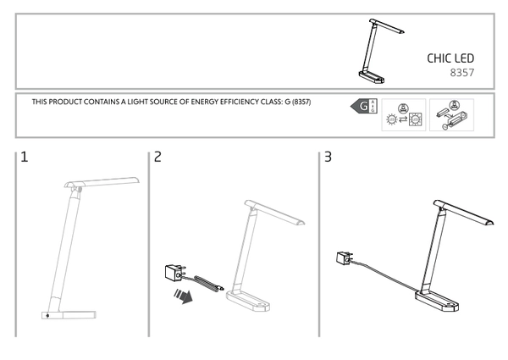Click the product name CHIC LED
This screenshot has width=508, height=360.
point(450,58)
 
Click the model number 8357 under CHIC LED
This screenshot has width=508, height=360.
point(461,74)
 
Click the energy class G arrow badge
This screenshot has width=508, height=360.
point(362,107)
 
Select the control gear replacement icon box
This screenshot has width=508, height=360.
point(450,114)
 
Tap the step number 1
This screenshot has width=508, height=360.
point(25,158)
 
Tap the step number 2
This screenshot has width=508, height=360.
point(158,158)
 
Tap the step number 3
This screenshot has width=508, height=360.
point(328,158)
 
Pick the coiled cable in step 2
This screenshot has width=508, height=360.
point(208,283)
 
